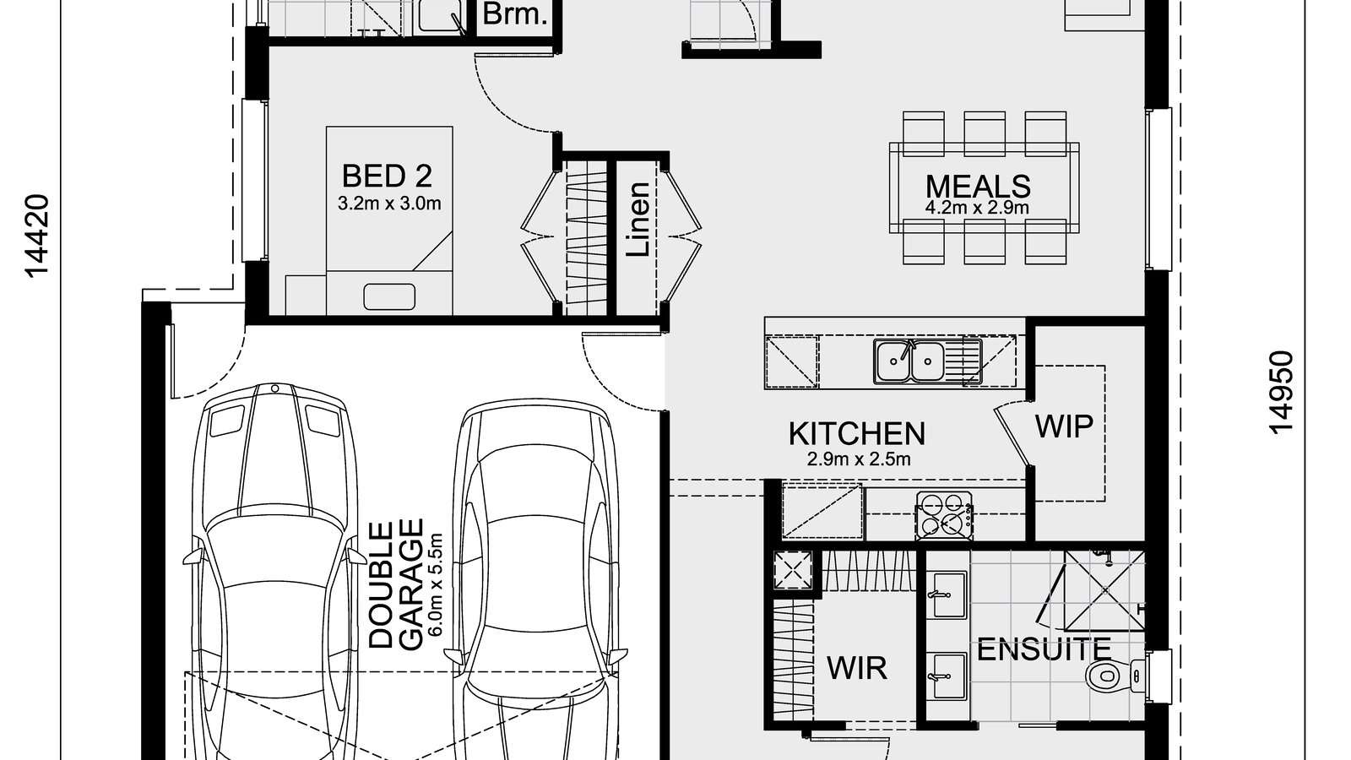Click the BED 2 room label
coord(387,176)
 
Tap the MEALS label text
coord(978,186)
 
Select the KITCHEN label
coord(856,433)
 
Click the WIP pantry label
coord(1064,426)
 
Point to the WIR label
coord(857,668)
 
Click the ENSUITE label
coord(1044,649)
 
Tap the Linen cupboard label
coord(639,220)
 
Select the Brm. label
coord(515,14)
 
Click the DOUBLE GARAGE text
coord(395,584)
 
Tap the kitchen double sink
coord(909,361)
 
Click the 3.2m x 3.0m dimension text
coord(389,204)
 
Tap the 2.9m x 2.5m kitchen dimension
coord(857,459)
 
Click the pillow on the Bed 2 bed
coord(389,296)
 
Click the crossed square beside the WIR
coord(794,569)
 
